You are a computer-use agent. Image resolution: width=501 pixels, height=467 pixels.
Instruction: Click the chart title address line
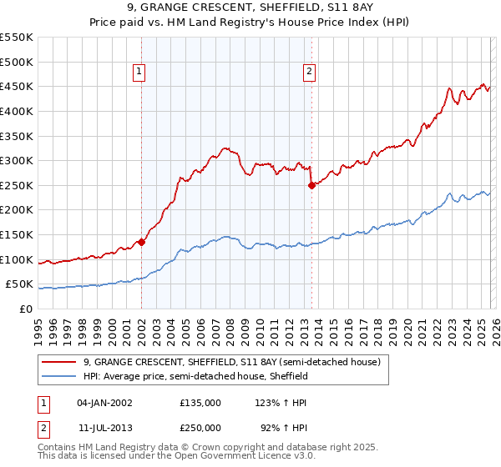250,9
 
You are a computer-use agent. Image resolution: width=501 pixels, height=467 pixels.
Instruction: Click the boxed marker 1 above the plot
139,73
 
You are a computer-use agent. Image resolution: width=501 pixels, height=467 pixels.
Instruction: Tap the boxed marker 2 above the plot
309,73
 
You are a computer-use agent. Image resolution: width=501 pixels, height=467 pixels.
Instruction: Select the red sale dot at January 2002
141,243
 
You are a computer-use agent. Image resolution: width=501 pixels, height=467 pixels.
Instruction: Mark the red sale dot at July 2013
311,186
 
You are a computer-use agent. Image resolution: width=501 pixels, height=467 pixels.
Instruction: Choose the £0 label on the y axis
25,309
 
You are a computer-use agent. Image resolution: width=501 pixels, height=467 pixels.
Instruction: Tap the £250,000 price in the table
200,426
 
